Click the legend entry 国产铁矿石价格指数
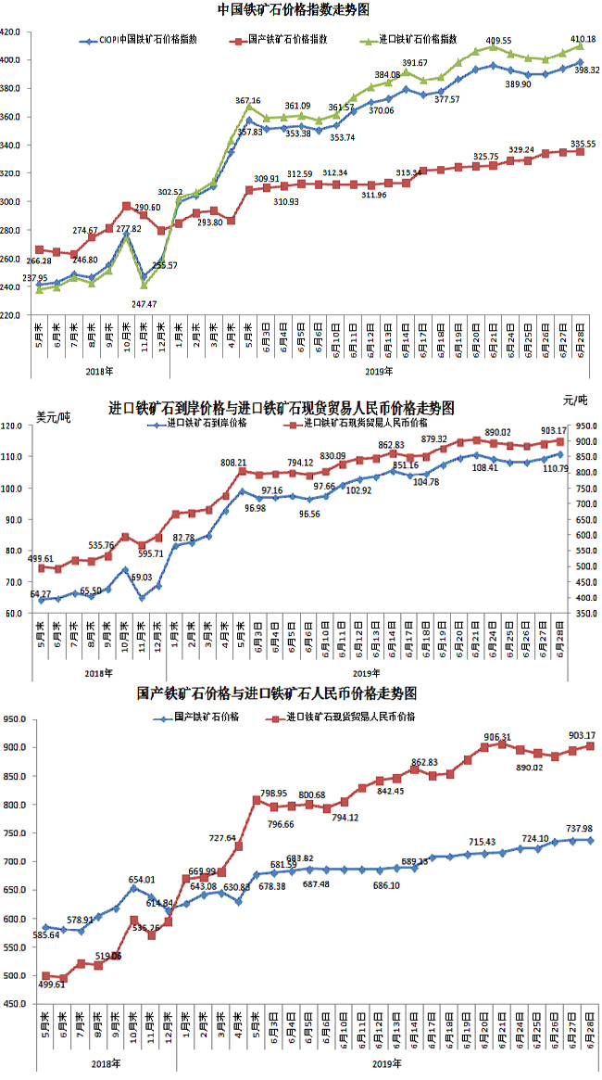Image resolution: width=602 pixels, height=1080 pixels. (286, 41)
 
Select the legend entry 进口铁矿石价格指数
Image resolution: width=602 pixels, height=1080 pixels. (418, 41)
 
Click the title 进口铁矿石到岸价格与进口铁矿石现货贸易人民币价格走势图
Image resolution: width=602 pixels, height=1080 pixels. (282, 408)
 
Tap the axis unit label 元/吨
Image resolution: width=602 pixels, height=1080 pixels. (575, 400)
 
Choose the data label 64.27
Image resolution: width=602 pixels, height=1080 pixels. (41, 593)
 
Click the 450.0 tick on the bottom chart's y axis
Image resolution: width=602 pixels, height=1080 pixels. (14, 1003)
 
